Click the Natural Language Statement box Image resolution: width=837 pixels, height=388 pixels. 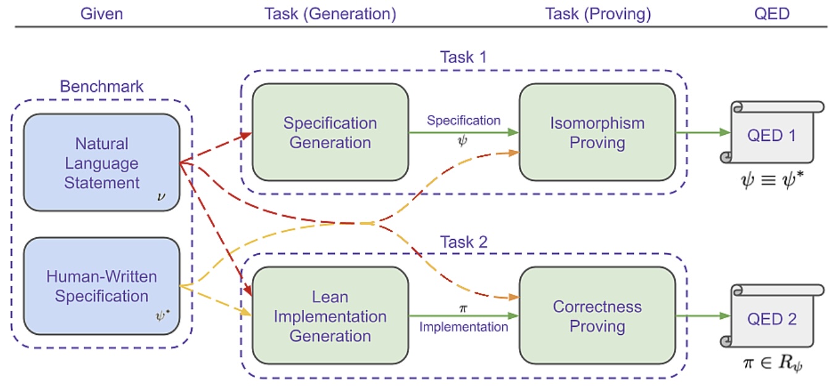[x=102, y=162]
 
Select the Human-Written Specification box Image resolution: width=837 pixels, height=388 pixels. [x=102, y=286]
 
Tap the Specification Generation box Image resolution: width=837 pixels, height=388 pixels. [x=330, y=132]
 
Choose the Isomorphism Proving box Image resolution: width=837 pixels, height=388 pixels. [x=597, y=132]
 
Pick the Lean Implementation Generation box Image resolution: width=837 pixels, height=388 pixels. [x=330, y=316]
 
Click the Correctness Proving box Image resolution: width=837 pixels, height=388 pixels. [x=597, y=316]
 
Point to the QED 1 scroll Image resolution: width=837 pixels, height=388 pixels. [x=772, y=132]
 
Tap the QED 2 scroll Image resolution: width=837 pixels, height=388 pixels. [x=772, y=316]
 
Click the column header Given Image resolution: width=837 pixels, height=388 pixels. [x=102, y=14]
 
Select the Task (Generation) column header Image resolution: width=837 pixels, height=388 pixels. [x=330, y=14]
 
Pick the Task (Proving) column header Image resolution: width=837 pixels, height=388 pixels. [x=598, y=14]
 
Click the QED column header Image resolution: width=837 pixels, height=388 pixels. [x=772, y=14]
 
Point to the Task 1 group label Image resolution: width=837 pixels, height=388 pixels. [x=463, y=57]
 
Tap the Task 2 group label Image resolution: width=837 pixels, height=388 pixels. [x=463, y=242]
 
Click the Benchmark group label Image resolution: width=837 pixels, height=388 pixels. [x=102, y=86]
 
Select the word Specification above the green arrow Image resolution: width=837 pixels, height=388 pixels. [x=463, y=120]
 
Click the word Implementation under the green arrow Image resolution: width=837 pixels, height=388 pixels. [x=463, y=327]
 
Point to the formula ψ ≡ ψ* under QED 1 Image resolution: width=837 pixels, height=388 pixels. [x=772, y=180]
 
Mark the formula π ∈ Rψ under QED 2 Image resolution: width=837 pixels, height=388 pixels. [x=773, y=363]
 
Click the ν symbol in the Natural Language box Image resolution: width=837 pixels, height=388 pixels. [x=161, y=196]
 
